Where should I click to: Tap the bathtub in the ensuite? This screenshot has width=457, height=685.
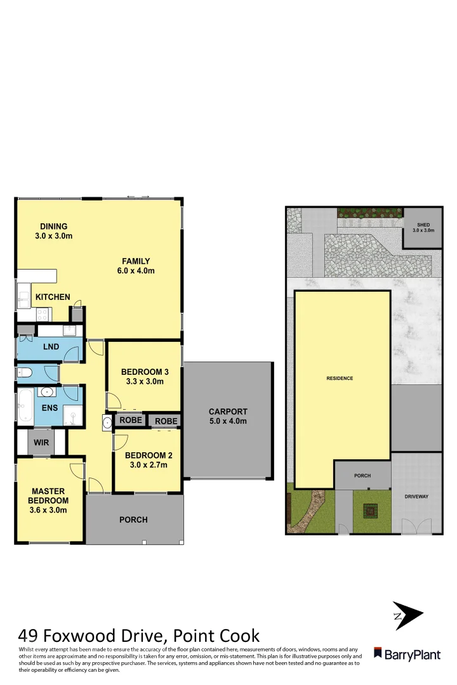pyautogui.click(x=25, y=406)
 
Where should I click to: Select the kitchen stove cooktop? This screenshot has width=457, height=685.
pyautogui.click(x=43, y=313)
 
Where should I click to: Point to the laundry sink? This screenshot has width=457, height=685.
pyautogui.click(x=69, y=330)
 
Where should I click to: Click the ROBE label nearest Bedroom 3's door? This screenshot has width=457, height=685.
pyautogui.click(x=130, y=420)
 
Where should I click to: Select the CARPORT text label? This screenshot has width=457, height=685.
pyautogui.click(x=228, y=412)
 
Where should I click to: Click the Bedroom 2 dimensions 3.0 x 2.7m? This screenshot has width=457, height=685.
pyautogui.click(x=146, y=465)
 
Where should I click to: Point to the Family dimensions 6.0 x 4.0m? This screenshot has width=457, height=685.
pyautogui.click(x=136, y=271)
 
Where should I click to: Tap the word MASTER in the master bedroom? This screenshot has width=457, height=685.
pyautogui.click(x=50, y=491)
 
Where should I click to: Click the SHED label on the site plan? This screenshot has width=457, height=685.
pyautogui.click(x=423, y=225)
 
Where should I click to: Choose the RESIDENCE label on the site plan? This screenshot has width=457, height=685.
pyautogui.click(x=340, y=379)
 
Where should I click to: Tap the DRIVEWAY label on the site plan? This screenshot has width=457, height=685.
pyautogui.click(x=416, y=497)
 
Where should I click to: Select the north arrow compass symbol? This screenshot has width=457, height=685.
pyautogui.click(x=406, y=615)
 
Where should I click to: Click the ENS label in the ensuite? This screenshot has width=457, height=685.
pyautogui.click(x=50, y=408)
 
